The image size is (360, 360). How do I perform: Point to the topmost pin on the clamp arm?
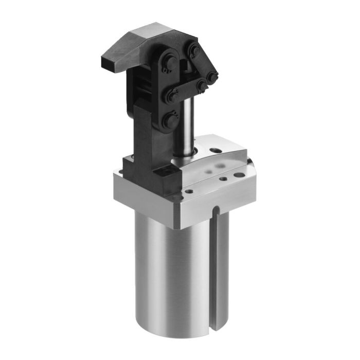(x=194, y=50)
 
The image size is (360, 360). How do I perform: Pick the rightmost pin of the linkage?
(x=211, y=77)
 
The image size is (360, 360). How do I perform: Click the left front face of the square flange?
(x=144, y=198)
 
